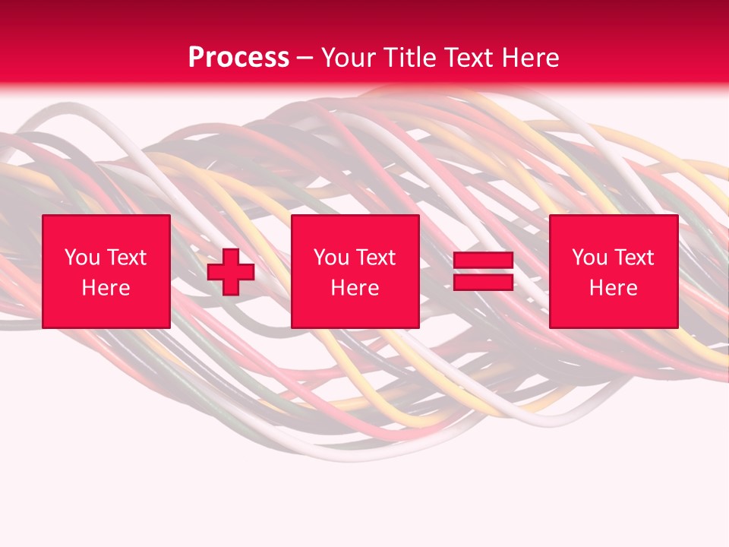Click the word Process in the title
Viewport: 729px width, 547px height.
pos(238,58)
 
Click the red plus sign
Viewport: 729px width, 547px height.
pos(231,272)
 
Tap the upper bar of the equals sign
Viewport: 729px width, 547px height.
pos(483,261)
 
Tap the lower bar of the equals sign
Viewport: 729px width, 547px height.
pos(483,283)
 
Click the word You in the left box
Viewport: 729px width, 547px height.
pos(81,258)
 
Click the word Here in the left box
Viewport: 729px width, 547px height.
pos(106,288)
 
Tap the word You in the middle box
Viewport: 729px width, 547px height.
pos(330,258)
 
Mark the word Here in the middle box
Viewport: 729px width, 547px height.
pos(355,288)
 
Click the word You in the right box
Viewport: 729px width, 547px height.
pos(589,258)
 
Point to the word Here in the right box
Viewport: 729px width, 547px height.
pos(614,288)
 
